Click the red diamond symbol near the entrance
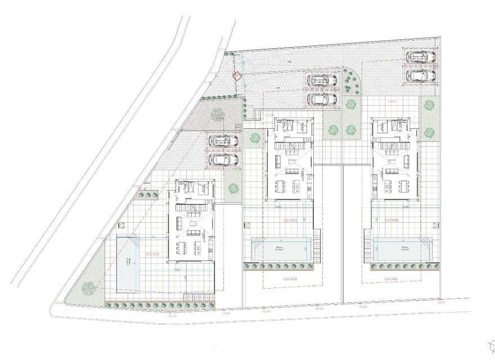pyautogui.click(x=237, y=77)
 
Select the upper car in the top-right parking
pyautogui.click(x=421, y=57)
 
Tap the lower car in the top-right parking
pyautogui.click(x=421, y=75)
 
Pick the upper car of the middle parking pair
pyautogui.click(x=322, y=81)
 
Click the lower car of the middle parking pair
pyautogui.click(x=322, y=100)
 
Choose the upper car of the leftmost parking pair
pyautogui.click(x=223, y=141)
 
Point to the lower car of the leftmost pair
pyautogui.click(x=223, y=160)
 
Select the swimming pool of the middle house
pyautogui.click(x=281, y=248)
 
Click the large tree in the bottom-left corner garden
pyautogui.click(x=88, y=287)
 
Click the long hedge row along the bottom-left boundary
pyautogui.click(x=160, y=305)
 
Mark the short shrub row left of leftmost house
pyautogui.click(x=148, y=195)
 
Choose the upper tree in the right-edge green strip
pyautogui.click(x=429, y=105)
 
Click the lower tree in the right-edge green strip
pyautogui.click(x=429, y=133)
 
